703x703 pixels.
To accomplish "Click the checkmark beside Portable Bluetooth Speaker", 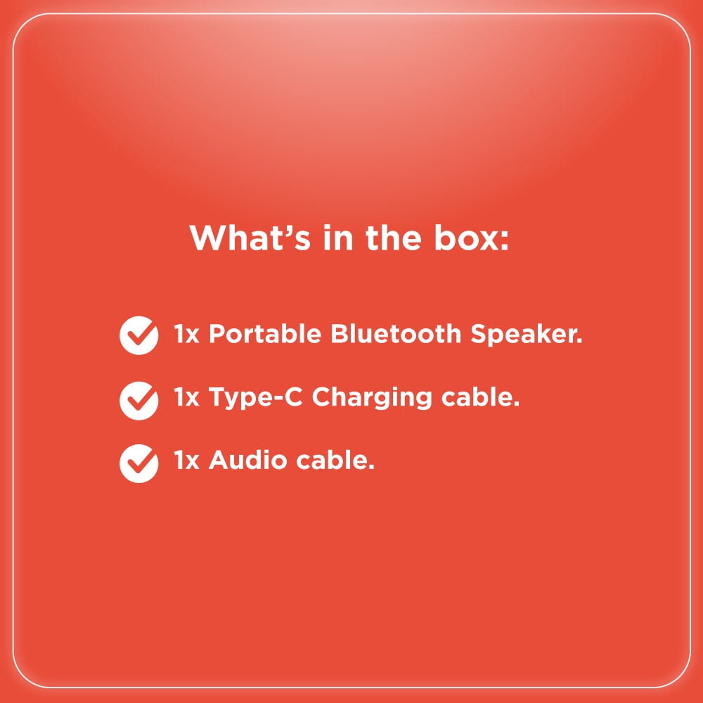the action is click(x=139, y=335).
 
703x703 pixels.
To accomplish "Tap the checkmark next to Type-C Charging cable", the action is click(x=139, y=401).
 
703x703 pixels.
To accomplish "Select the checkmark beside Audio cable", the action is click(x=139, y=463).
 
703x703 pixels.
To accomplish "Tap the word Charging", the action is click(x=372, y=398).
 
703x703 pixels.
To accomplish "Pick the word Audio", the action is click(x=248, y=460).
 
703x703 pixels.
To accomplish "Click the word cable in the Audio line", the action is click(x=333, y=460).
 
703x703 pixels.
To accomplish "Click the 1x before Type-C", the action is click(x=186, y=397).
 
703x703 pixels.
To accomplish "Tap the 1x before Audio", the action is click(x=186, y=460).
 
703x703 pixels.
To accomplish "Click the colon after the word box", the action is click(x=504, y=240).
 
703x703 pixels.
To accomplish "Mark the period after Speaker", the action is click(x=580, y=342).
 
